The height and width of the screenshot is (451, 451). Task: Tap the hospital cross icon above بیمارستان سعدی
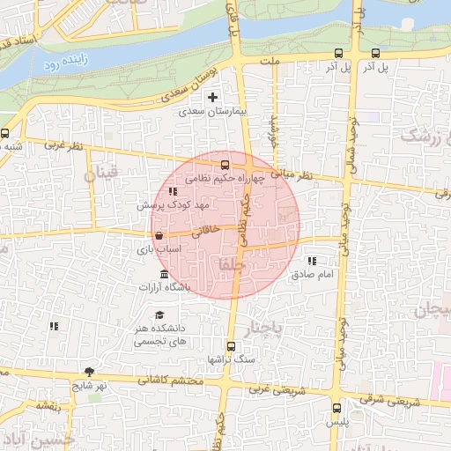211,96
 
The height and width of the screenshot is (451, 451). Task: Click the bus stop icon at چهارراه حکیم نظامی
225,164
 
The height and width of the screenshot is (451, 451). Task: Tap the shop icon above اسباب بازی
158,236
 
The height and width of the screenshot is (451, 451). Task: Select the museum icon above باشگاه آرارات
166,277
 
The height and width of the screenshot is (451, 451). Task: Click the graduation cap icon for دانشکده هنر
159,315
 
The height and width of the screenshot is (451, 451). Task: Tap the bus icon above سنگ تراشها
231,346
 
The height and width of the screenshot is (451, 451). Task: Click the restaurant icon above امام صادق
312,261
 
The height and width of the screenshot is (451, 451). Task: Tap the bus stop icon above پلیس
336,408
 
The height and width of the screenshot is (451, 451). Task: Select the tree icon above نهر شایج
89,372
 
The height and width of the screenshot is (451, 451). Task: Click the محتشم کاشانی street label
177,381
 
